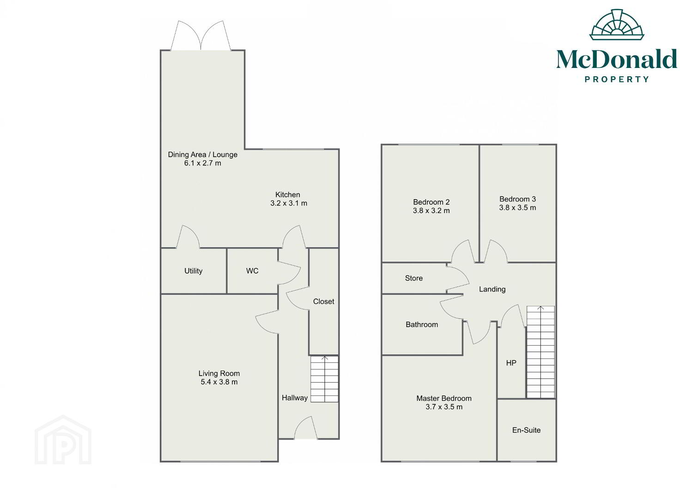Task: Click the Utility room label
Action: point(193,271)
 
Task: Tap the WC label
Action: point(252,271)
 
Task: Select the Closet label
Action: point(323,301)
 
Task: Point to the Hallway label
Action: point(294,398)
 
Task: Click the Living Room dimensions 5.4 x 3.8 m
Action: point(219,382)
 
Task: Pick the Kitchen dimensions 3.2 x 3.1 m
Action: point(289,203)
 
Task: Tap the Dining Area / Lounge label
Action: point(202,155)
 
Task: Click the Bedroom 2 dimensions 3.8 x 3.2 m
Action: point(431,211)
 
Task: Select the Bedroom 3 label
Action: point(517,199)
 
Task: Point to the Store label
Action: point(414,278)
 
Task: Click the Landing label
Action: point(492,289)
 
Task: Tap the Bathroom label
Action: point(422,324)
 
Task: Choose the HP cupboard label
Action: point(511,363)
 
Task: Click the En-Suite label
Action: point(526,430)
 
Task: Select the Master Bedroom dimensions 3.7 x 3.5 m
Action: point(444,407)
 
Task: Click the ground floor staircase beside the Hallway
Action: point(324,379)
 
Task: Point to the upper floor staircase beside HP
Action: point(540,352)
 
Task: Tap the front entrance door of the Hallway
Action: point(306,428)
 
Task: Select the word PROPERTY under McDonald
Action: point(617,79)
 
